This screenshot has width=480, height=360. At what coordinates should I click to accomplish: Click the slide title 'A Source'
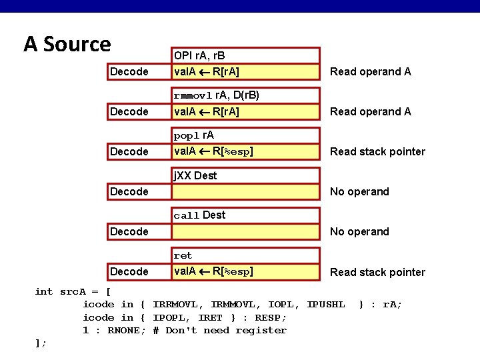tap(67, 44)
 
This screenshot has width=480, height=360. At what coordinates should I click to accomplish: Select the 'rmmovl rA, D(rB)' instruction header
tap(216, 95)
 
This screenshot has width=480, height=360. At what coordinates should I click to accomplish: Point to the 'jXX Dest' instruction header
tap(195, 175)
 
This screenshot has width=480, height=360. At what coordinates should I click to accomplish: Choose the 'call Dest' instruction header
tap(199, 215)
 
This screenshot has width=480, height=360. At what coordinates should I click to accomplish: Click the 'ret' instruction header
tap(183, 255)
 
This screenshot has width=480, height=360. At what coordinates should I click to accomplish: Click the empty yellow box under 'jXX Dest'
tap(246, 192)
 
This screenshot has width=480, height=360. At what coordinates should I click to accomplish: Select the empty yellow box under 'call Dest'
tap(246, 232)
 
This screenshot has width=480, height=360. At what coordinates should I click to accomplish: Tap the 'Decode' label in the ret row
tap(129, 272)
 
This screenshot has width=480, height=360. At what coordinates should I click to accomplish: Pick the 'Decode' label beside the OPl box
tap(129, 72)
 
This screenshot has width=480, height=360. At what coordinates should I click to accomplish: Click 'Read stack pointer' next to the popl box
tap(377, 152)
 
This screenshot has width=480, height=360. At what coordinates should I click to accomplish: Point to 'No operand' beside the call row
tap(359, 232)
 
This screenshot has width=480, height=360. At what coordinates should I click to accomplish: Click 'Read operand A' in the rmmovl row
tap(371, 112)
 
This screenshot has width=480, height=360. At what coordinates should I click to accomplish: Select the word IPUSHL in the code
tap(325, 305)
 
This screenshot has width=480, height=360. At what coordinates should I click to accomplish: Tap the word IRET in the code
tap(211, 317)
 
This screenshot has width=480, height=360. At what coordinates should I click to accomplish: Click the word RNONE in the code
tap(124, 330)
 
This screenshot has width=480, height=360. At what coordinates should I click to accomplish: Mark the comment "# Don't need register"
tap(219, 330)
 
